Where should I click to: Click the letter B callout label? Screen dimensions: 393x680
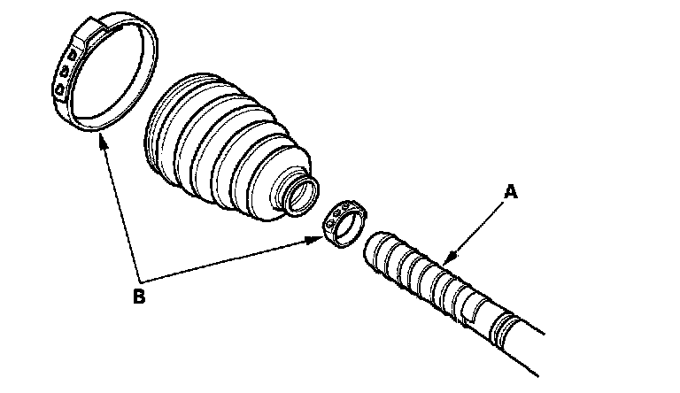tap(138, 296)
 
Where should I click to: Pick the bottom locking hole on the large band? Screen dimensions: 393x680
tap(59, 89)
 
